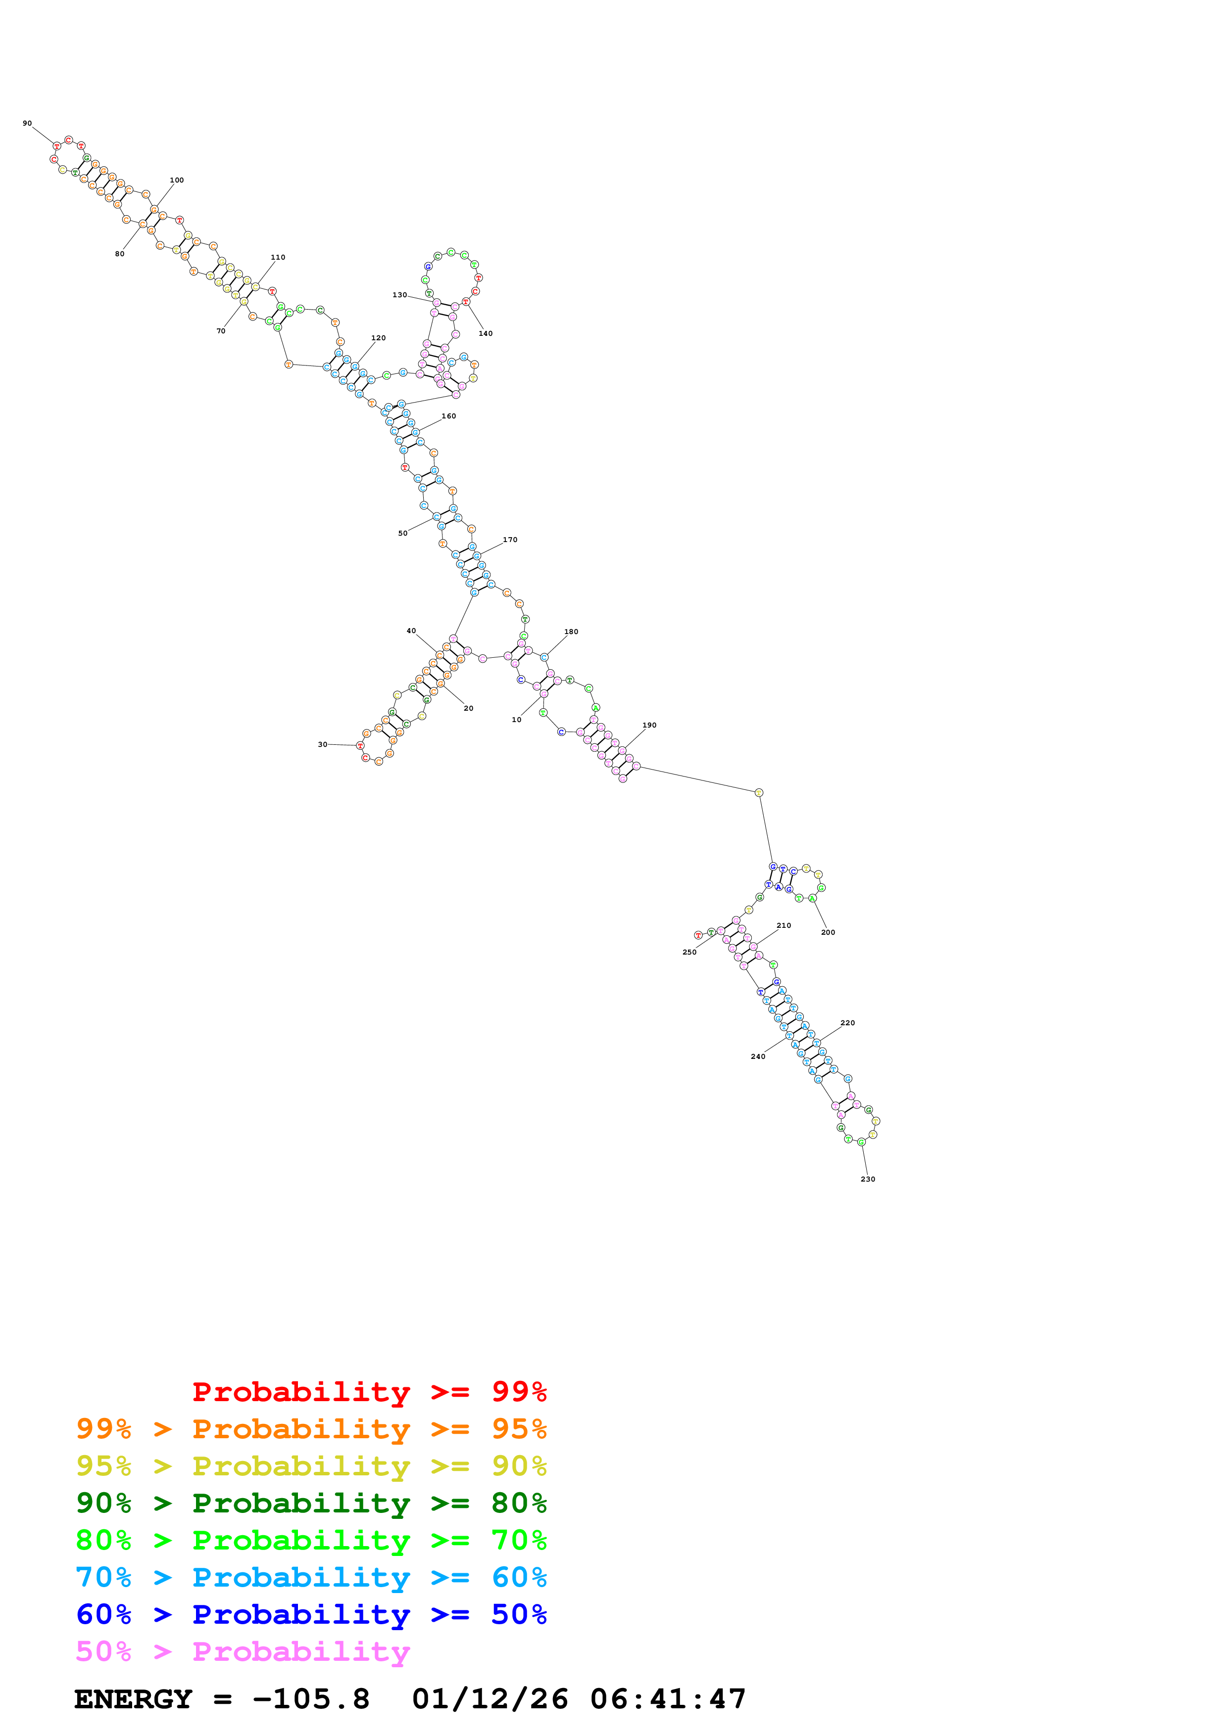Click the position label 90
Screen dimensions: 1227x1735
pos(27,123)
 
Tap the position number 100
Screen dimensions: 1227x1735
pos(177,181)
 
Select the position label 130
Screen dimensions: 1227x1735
pos(399,295)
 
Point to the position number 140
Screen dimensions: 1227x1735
pos(486,333)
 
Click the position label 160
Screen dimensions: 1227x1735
pos(448,416)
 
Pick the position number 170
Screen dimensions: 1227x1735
pos(510,540)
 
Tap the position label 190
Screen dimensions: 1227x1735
pos(649,726)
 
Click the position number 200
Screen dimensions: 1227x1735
pos(828,932)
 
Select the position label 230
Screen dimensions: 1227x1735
pos(868,1179)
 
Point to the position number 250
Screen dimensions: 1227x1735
pos(689,952)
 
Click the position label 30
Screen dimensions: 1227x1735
pos(322,744)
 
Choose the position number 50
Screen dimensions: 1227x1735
pos(403,534)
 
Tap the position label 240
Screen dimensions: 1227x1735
pos(757,1056)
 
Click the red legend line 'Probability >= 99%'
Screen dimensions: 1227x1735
pos(369,1391)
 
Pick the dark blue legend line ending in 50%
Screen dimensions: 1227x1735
pos(311,1614)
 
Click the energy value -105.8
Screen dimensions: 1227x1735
pos(311,1699)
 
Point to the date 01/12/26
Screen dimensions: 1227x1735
pos(490,1699)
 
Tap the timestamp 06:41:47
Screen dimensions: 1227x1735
pos(668,1699)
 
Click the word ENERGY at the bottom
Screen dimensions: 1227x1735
pos(133,1699)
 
